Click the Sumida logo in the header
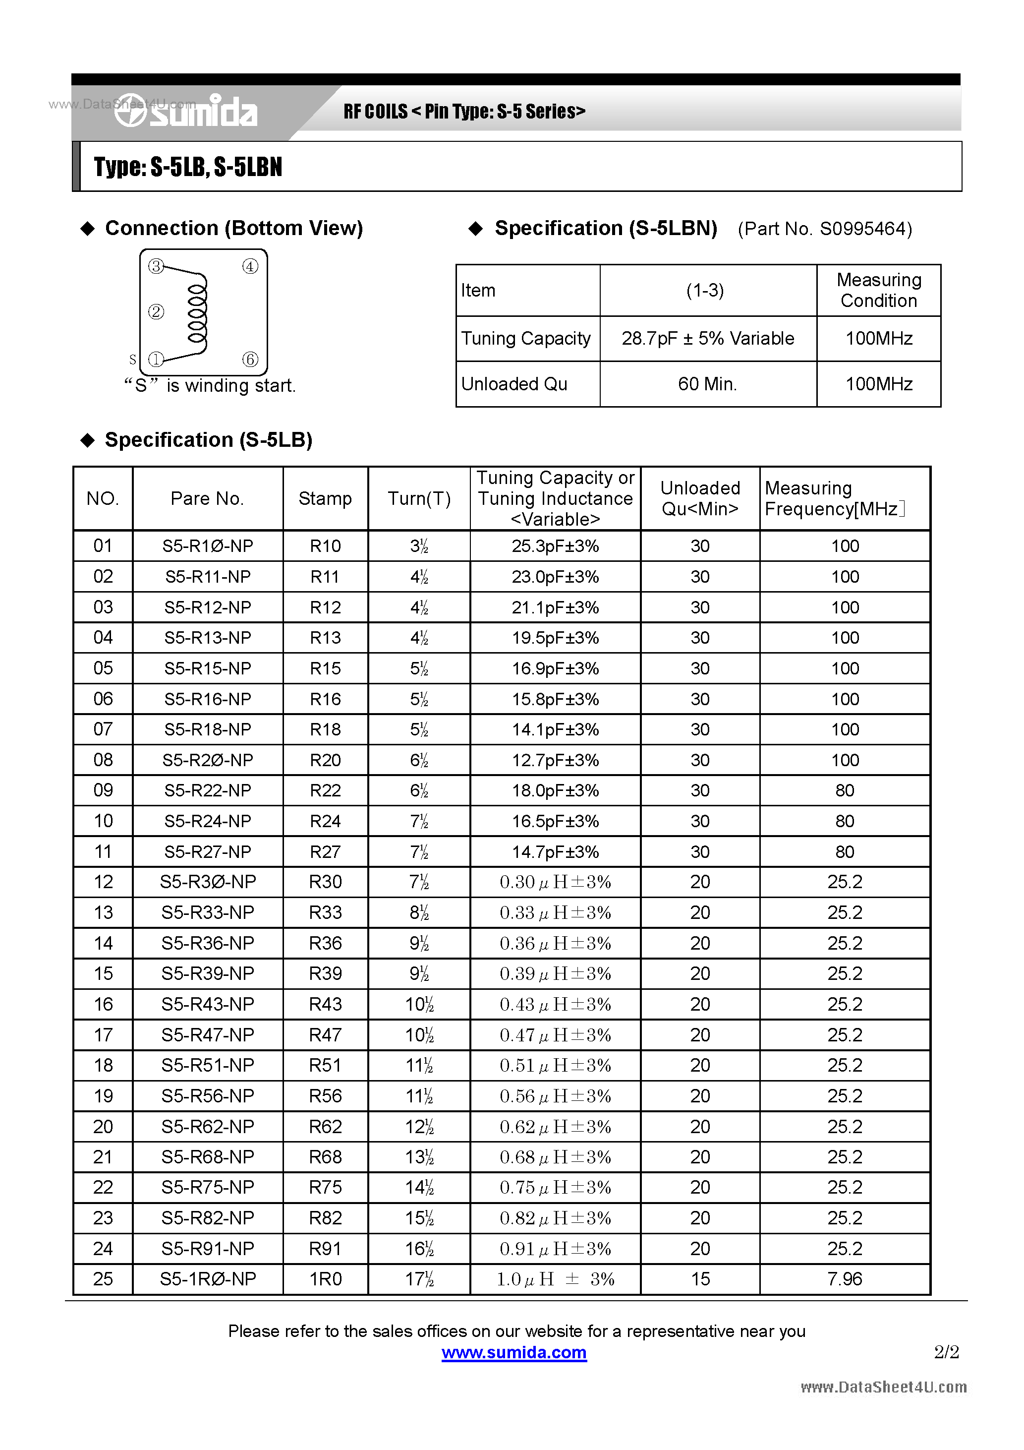point(187,112)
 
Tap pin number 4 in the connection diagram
point(250,266)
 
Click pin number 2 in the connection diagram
point(156,311)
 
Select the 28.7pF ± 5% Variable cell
point(708,339)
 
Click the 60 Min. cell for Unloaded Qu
point(708,384)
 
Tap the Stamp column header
point(325,498)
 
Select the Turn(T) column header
point(419,498)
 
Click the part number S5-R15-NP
point(208,668)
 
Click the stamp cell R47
point(325,1035)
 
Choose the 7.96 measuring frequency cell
point(845,1279)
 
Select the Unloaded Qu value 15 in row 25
point(700,1279)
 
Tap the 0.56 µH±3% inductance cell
point(555,1096)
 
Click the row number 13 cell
point(103,912)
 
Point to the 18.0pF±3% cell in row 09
point(555,790)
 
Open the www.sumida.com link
point(514,1352)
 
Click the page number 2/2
point(946,1352)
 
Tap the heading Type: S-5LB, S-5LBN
point(188,167)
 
